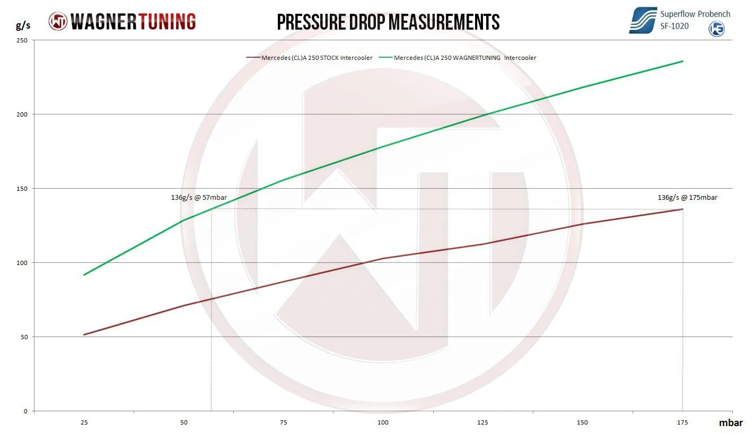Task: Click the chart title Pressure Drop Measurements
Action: [388, 22]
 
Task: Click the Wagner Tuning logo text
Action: [133, 21]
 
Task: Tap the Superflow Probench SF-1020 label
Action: [695, 20]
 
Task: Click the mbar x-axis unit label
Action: [731, 423]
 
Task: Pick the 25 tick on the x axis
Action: [84, 422]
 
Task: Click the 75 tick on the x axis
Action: [284, 422]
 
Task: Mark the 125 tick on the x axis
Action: [482, 422]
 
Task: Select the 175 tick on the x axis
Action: [682, 422]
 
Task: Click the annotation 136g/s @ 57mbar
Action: [203, 198]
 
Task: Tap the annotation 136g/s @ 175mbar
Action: [687, 198]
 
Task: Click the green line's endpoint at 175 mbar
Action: [682, 61]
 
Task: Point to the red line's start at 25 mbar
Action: [84, 334]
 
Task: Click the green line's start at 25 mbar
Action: [84, 275]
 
